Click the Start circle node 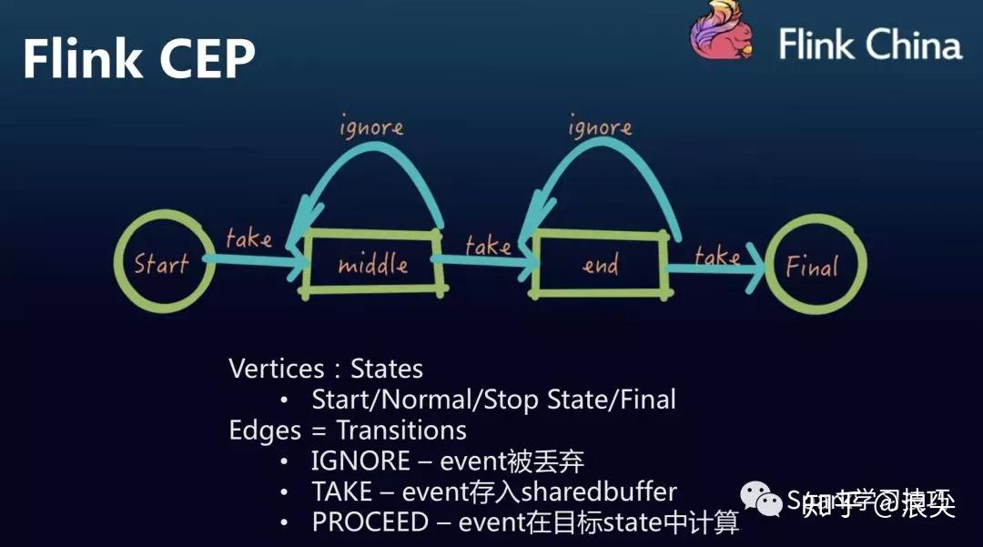[160, 264]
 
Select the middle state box [372, 265]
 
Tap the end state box [599, 265]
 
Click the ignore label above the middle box [371, 127]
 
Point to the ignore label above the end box [600, 128]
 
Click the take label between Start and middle [248, 239]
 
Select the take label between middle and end [488, 245]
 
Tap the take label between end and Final [717, 256]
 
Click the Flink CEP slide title [138, 59]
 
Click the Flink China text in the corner [869, 44]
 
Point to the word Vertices [277, 369]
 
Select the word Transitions [401, 430]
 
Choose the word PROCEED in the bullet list [370, 523]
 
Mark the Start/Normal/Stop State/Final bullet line [493, 399]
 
